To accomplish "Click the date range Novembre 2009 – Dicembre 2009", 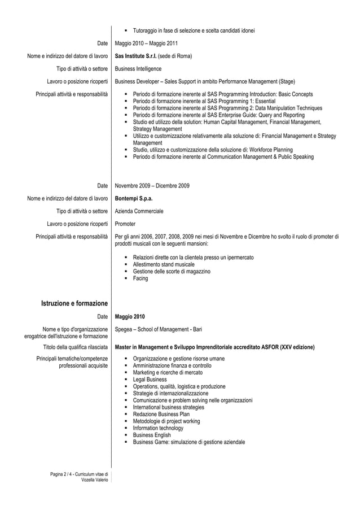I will (x=152, y=186).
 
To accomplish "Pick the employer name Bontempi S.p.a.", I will (x=134, y=198).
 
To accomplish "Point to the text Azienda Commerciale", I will (x=139, y=211).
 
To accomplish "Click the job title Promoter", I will (x=125, y=224).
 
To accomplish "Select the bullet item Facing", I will (x=140, y=278).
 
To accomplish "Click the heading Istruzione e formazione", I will (x=74, y=304).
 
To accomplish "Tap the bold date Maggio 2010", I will (x=130, y=316).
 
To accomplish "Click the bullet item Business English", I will (x=151, y=435).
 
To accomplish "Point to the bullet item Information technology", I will (x=157, y=428).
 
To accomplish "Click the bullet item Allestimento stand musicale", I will (x=164, y=264).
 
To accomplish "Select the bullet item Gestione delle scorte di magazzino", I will (x=172, y=272).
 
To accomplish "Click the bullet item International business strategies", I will (x=168, y=407).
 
